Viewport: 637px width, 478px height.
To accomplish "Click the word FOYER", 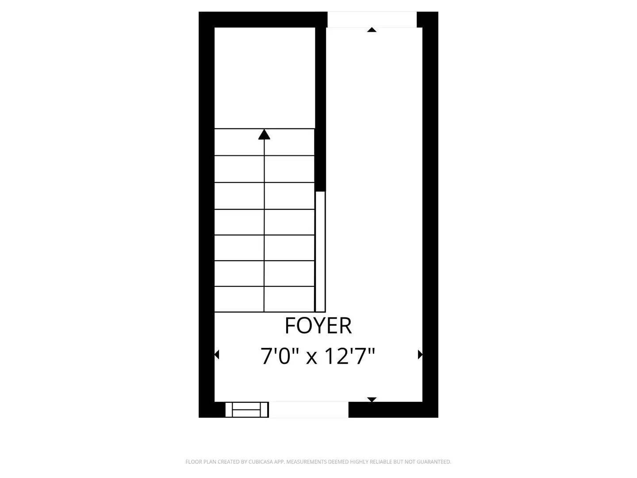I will (x=318, y=326).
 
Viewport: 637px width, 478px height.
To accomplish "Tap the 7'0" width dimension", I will (x=280, y=356).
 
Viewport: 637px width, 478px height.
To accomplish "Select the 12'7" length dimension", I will (x=350, y=356).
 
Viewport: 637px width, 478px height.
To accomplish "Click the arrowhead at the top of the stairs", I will (x=264, y=134).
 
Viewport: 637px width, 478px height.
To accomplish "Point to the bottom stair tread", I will (x=264, y=299).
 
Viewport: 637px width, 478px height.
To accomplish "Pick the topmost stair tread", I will (x=264, y=142).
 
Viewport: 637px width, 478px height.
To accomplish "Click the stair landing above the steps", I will (x=265, y=78).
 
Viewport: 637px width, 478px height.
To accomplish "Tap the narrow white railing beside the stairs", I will (x=320, y=251).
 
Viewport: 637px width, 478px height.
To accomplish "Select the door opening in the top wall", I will (x=372, y=19).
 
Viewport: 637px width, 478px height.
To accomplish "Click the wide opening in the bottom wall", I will (x=309, y=410).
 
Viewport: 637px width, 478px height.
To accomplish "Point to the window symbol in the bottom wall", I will (x=247, y=410).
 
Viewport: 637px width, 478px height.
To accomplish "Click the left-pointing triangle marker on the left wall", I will (x=217, y=355).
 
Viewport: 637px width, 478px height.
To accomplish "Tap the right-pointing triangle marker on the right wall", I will (x=420, y=355).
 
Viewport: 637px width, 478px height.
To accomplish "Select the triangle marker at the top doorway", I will (x=372, y=30).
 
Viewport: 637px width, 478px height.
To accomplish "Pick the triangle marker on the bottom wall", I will (x=372, y=400).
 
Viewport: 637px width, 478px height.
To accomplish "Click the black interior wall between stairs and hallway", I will (x=321, y=111).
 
